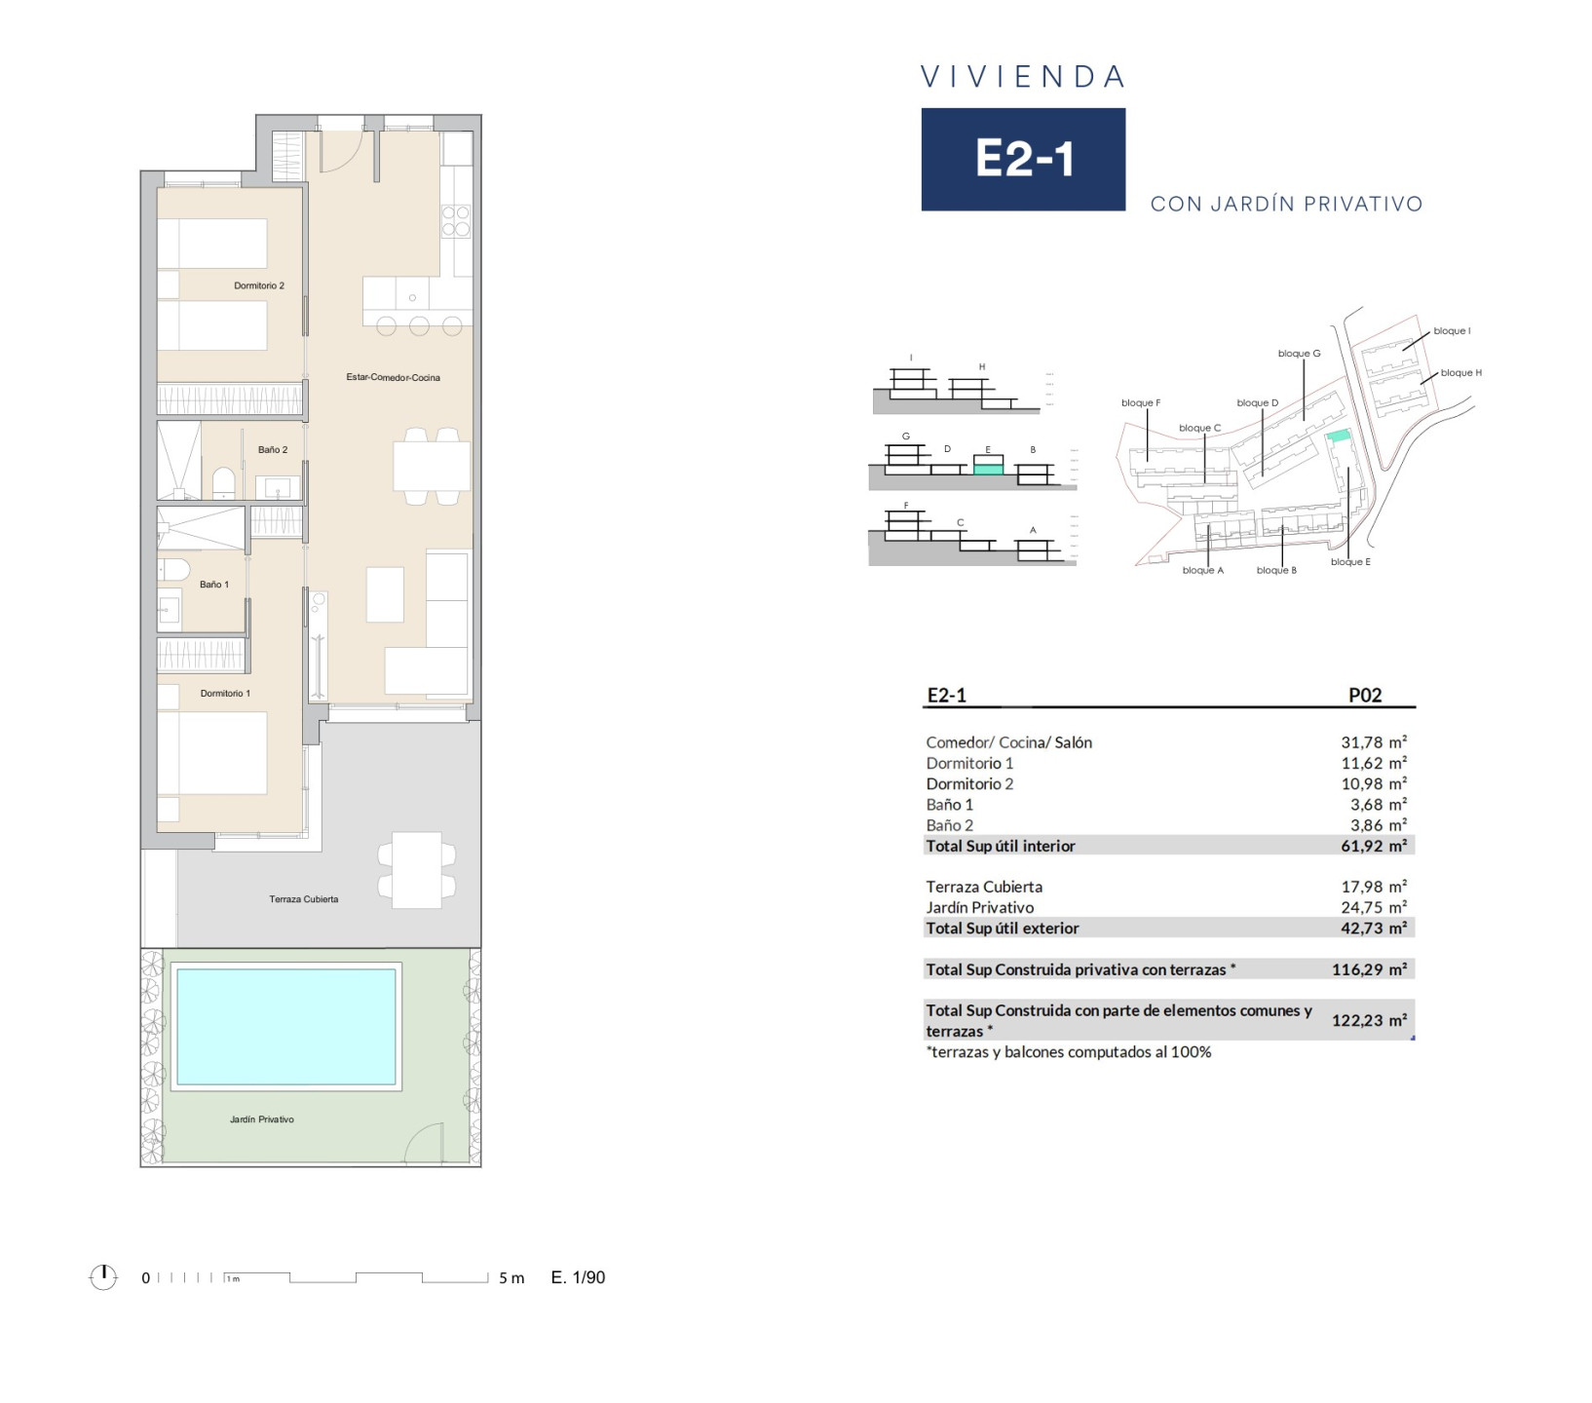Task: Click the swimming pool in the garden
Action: click(x=285, y=1026)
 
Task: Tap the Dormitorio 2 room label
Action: click(x=259, y=285)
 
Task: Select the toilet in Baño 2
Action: click(x=223, y=481)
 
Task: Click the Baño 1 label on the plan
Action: click(x=214, y=585)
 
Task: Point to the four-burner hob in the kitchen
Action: click(x=456, y=221)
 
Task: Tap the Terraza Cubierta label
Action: click(x=304, y=899)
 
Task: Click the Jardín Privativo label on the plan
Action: click(x=262, y=1119)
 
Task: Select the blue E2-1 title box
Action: click(x=1023, y=159)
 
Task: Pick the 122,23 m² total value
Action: click(x=1369, y=1020)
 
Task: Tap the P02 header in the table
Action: click(x=1365, y=695)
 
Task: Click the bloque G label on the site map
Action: click(x=1299, y=354)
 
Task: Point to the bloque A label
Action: click(x=1202, y=570)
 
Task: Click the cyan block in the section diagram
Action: click(x=988, y=469)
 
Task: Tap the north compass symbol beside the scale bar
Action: click(x=103, y=1276)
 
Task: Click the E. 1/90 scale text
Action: click(x=578, y=1277)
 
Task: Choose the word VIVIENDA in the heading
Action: click(x=1023, y=77)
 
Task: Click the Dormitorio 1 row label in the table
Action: click(x=969, y=763)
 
